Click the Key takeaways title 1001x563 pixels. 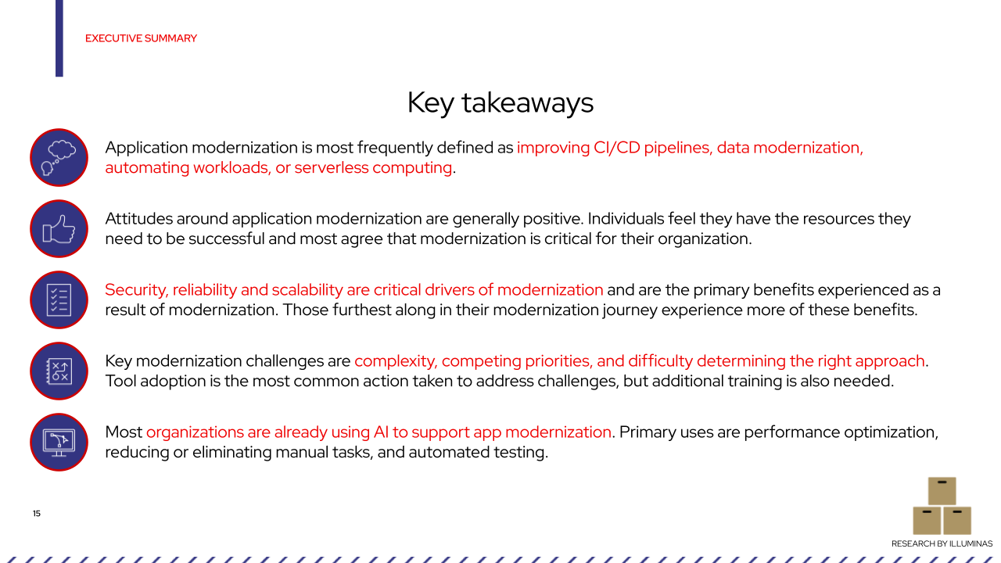pos(500,103)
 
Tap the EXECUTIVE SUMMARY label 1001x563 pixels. pos(141,38)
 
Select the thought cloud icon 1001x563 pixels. pos(59,157)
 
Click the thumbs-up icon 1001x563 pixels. pos(59,228)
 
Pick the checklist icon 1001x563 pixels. pos(59,299)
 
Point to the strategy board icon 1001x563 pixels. pos(59,371)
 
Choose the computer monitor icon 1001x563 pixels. pos(59,442)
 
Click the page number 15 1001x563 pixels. pos(37,514)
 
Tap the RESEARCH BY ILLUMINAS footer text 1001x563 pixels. pos(942,543)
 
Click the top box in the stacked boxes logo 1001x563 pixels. pos(942,491)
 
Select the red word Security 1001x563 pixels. pos(135,290)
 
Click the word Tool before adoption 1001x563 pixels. pos(121,382)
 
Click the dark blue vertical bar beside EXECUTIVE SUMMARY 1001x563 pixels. pos(59,38)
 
